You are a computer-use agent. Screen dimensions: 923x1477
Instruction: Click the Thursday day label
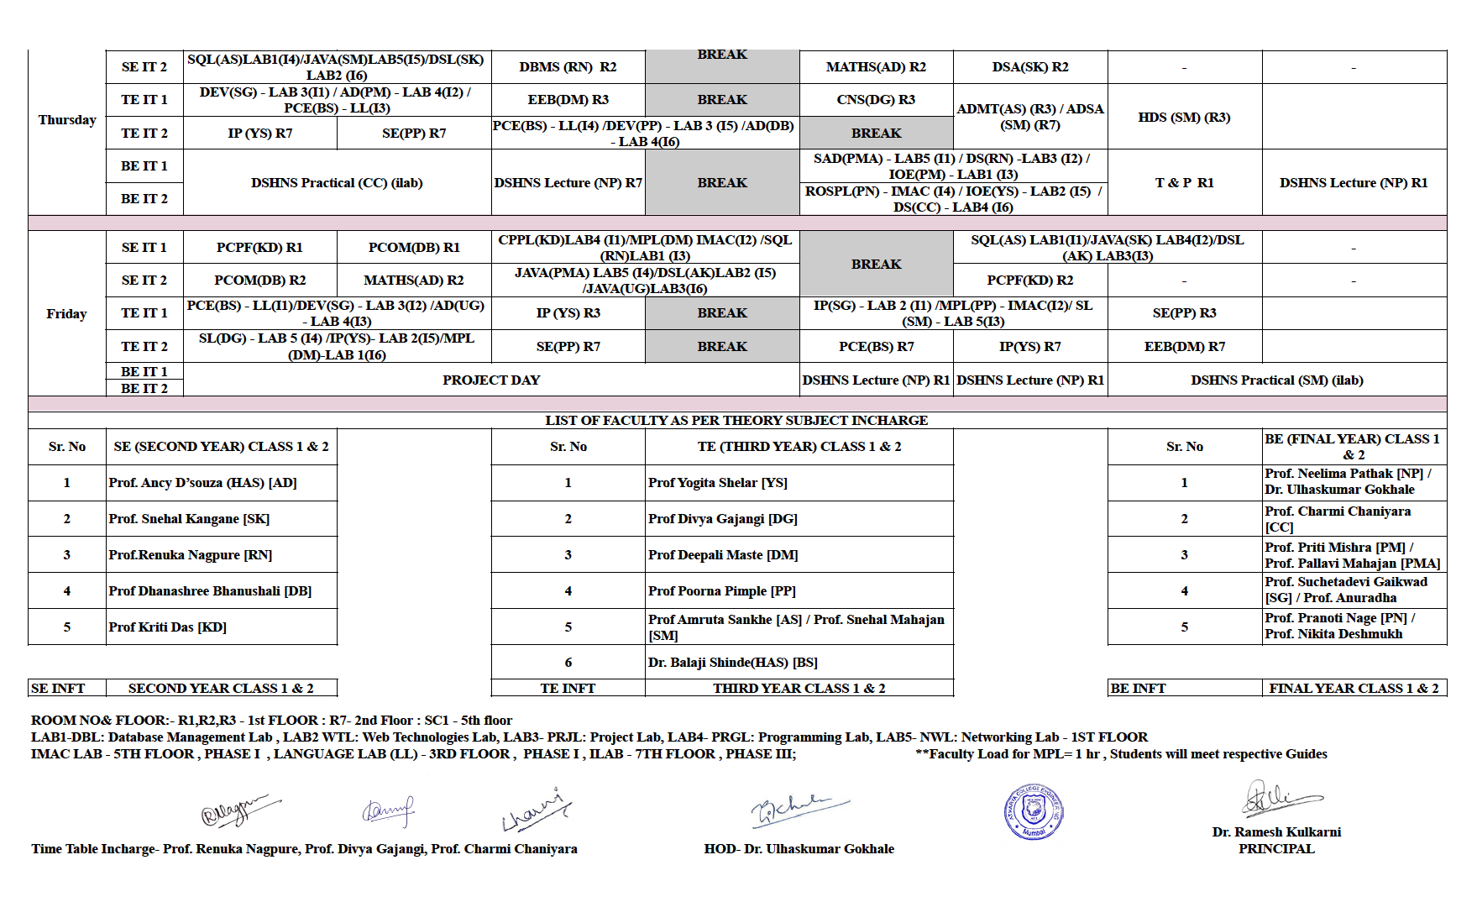tap(67, 120)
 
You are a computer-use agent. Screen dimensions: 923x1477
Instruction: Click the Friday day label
tap(66, 314)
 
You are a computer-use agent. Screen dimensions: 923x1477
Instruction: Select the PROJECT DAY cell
tap(491, 380)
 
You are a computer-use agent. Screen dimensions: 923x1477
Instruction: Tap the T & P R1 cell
tap(1184, 183)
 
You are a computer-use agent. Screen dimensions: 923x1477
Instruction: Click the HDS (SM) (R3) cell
tap(1184, 118)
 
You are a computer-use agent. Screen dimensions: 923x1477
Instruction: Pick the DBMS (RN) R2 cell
tap(568, 67)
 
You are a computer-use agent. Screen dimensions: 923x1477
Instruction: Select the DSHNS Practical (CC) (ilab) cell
tap(337, 183)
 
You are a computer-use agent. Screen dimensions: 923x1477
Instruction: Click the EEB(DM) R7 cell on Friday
tap(1184, 347)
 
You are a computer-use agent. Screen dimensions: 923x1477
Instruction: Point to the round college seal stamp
tap(1034, 811)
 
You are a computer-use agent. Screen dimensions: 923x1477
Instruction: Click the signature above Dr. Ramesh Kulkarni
tap(1278, 800)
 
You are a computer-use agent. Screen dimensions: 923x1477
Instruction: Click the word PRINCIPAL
tap(1276, 849)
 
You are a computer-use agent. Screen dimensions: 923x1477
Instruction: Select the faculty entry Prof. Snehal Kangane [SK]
tap(189, 519)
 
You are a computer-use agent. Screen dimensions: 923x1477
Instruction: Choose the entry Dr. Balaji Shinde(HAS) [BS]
tap(732, 663)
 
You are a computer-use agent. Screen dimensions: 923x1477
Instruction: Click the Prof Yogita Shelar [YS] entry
tap(717, 483)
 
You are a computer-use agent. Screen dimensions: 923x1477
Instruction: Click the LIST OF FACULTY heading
tap(736, 421)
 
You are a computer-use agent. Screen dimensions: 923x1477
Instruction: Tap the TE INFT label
tap(568, 689)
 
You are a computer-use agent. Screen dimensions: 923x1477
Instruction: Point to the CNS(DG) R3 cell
tap(876, 100)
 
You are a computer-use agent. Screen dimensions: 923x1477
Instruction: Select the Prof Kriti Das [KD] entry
tap(168, 627)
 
